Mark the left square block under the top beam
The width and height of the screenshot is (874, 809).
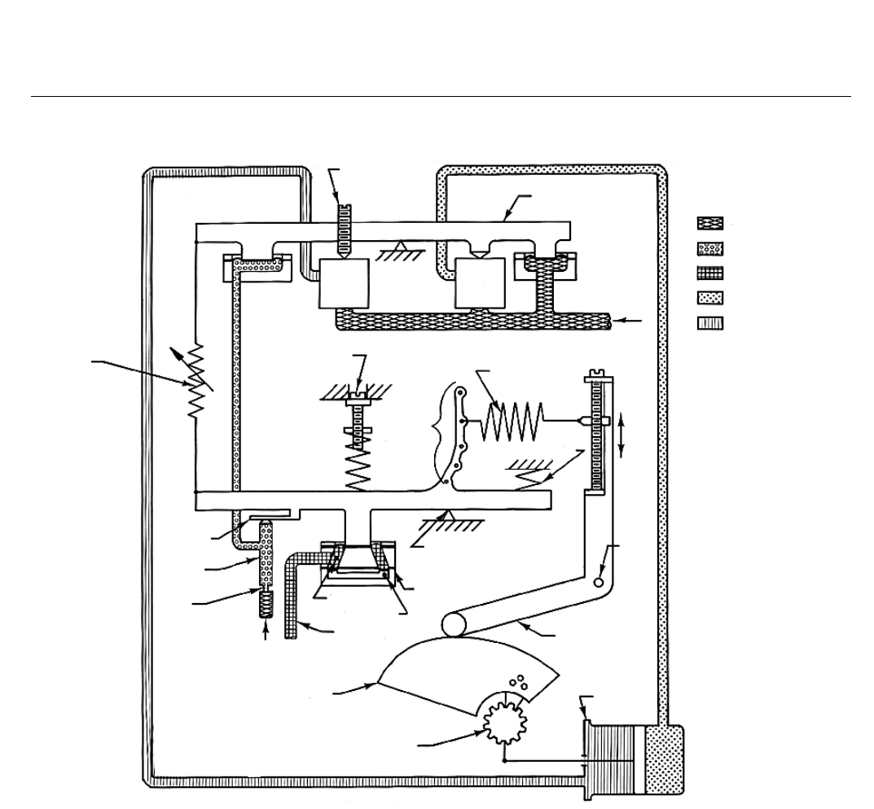click(x=345, y=283)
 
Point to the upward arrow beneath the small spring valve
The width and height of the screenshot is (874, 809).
click(x=268, y=636)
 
